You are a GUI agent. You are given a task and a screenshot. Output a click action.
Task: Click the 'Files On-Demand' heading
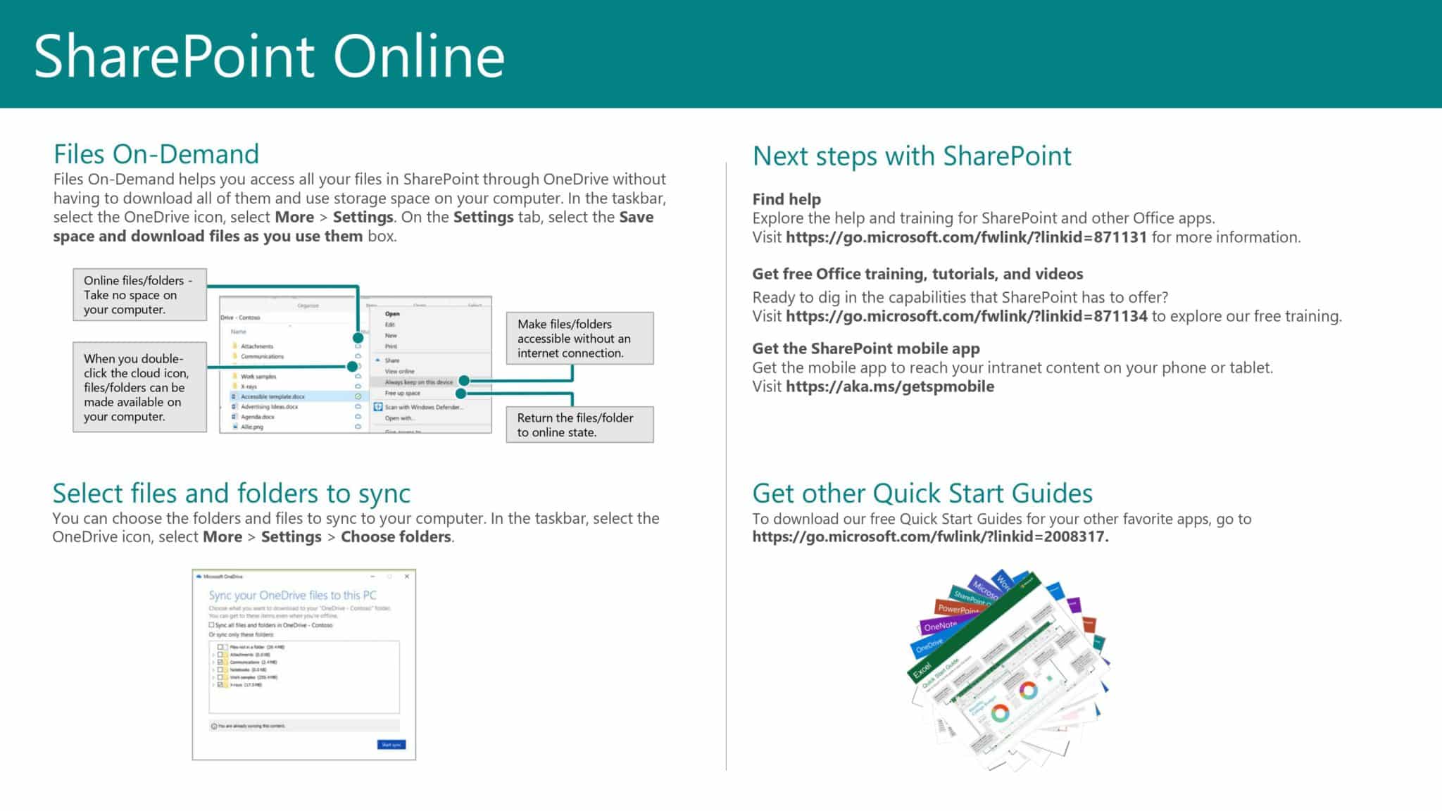point(156,154)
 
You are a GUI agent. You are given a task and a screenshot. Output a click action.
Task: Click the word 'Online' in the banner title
point(419,56)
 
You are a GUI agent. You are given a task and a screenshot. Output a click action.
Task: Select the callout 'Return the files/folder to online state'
point(579,425)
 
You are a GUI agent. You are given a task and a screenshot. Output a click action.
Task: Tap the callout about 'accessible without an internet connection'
point(579,338)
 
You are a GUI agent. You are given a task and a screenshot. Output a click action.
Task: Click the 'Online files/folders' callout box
point(139,294)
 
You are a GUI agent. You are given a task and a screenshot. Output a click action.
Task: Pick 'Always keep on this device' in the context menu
point(419,382)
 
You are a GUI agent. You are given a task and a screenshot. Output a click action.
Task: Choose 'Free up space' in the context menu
point(403,393)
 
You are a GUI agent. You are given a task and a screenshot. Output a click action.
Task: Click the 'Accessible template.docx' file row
point(273,396)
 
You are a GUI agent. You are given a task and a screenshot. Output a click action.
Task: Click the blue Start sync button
point(391,744)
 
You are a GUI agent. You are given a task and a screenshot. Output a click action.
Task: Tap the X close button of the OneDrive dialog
point(406,577)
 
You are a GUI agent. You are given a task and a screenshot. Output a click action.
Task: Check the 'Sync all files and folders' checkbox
point(212,624)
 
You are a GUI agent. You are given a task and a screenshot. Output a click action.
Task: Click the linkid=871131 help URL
point(966,237)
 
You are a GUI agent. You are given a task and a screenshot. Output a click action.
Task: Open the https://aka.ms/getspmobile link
point(890,386)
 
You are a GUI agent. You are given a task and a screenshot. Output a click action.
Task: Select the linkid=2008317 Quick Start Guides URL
point(929,537)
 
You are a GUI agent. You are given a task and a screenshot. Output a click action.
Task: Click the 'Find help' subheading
point(786,199)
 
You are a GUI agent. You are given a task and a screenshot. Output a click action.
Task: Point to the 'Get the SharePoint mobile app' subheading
point(865,348)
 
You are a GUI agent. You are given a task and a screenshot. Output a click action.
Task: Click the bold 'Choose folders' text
point(396,537)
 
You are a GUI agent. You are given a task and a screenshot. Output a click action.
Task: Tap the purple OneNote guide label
point(940,626)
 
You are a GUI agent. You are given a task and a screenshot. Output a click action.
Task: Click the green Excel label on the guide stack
point(922,670)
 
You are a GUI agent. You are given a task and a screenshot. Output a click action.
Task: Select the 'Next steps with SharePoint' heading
point(912,156)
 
